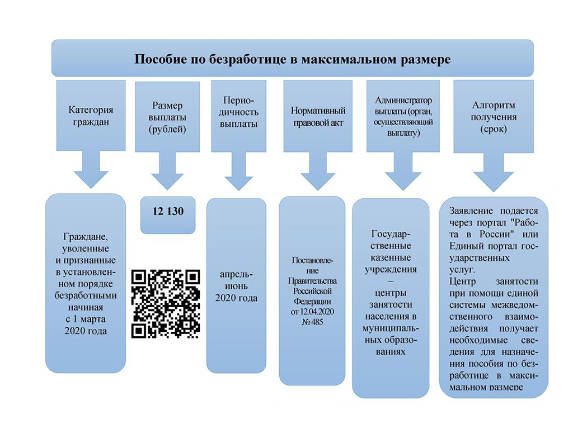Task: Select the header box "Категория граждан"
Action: pos(91,116)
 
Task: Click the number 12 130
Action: pos(167,212)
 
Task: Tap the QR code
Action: pos(166,303)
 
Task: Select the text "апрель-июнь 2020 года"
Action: pos(236,286)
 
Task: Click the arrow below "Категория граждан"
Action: pos(91,170)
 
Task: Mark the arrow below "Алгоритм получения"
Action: pos(493,173)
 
